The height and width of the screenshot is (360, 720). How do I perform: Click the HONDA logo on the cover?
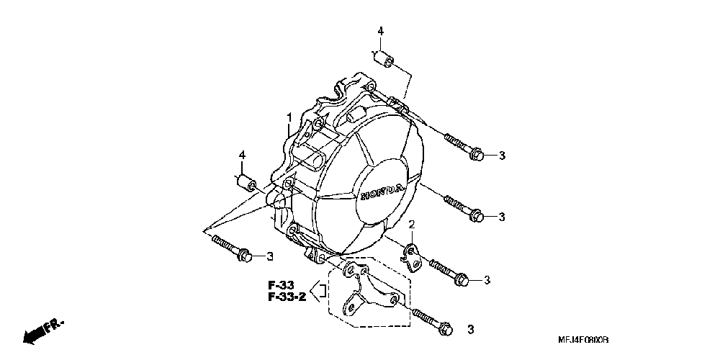(x=381, y=192)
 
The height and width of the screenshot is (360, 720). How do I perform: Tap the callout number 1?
(x=289, y=117)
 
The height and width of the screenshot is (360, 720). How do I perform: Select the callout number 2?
(x=412, y=225)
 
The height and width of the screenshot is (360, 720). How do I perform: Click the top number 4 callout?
(x=381, y=31)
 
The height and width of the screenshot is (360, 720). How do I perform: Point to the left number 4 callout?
(x=243, y=155)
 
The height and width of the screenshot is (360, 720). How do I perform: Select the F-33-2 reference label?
(x=287, y=297)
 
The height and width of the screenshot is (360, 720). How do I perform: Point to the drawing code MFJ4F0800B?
(x=584, y=339)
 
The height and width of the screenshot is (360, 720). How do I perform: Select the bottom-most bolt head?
(x=444, y=327)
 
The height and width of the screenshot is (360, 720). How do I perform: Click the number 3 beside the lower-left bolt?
(x=269, y=256)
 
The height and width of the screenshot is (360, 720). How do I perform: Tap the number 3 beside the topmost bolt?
(x=502, y=156)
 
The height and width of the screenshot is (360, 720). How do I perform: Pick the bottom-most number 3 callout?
(x=470, y=330)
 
